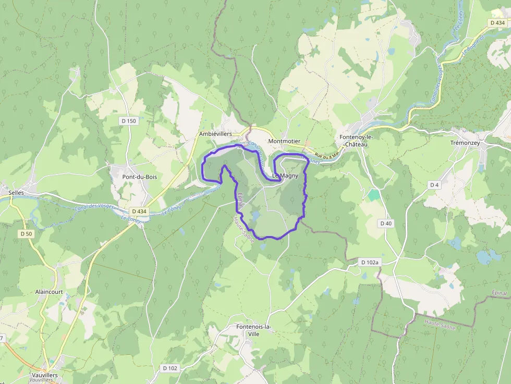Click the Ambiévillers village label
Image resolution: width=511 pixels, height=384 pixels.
pos(215,134)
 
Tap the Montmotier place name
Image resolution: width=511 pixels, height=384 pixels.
pos(284,141)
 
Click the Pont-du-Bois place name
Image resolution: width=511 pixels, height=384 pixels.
pos(139,177)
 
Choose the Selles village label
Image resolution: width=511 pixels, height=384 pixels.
pos(16,192)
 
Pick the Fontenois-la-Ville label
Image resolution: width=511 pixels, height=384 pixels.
pos(254,330)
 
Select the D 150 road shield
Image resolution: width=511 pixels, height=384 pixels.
pos(128,121)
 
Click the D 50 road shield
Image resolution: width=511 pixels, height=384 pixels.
pos(26,233)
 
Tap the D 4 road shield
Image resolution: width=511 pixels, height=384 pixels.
pos(434,185)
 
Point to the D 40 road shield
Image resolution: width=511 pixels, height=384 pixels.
pos(386,223)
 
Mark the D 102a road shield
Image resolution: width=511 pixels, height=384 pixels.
pos(370,262)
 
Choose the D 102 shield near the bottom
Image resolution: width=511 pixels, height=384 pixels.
pos(170,368)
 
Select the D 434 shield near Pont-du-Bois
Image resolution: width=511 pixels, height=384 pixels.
pos(139,211)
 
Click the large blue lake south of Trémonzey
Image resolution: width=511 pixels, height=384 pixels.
pos(488,257)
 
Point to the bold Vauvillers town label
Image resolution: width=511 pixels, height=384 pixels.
pos(44,375)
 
